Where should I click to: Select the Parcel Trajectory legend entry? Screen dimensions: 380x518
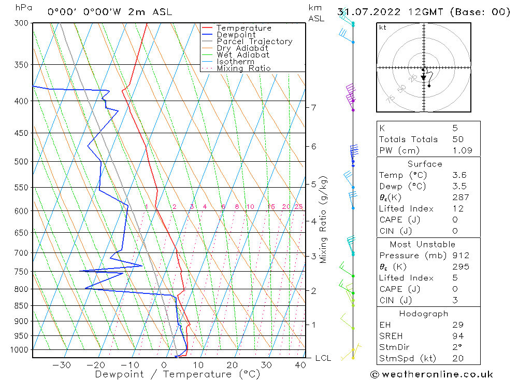coord(254,41)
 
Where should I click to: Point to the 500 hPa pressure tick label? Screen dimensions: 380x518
coord(22,161)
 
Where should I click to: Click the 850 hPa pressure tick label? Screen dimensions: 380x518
coord(22,306)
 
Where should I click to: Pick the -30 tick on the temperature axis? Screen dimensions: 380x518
coord(62,365)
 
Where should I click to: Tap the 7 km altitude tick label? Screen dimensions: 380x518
coord(313,107)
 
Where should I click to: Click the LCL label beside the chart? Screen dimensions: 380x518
coord(323,358)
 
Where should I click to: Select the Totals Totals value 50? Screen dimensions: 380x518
coord(458,139)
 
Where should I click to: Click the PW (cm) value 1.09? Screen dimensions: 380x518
coord(460,151)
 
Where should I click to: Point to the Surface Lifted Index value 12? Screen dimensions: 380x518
coord(458,208)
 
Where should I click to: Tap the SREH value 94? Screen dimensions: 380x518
coord(458,335)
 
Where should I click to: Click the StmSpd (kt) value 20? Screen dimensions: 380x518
coord(458,358)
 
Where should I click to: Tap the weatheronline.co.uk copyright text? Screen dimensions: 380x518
coord(431,374)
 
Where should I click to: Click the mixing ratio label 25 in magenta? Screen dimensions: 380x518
coord(298,207)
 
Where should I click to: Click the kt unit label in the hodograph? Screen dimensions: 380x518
coord(383,27)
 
